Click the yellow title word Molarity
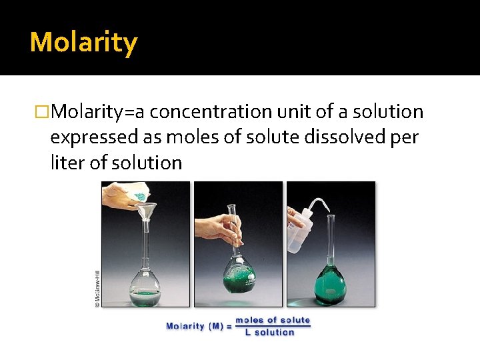(x=83, y=43)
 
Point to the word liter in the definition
(x=66, y=163)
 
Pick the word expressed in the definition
(x=94, y=137)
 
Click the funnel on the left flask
(x=145, y=213)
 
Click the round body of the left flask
(x=144, y=283)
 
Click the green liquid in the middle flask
(x=238, y=280)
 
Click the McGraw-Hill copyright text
(x=97, y=288)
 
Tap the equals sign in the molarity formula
(x=229, y=326)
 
